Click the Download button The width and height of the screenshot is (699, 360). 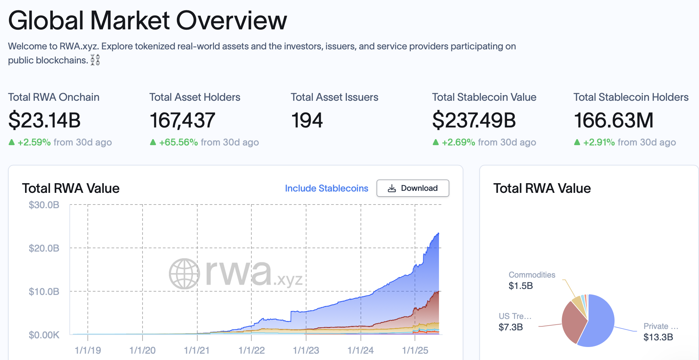pos(413,188)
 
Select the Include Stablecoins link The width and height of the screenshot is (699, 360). pos(326,189)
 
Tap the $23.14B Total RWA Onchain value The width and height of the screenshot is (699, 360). pos(44,120)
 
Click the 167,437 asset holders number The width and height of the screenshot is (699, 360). pos(182,120)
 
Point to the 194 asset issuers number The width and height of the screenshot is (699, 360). pos(307,120)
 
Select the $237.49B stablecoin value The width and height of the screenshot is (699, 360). pos(474,120)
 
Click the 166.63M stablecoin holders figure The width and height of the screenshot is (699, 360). pos(613,120)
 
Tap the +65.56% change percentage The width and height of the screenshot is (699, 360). pos(178,142)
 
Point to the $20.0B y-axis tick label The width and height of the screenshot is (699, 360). pos(44,248)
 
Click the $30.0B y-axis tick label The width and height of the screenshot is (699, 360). pos(44,205)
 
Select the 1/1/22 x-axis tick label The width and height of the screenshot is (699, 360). pos(251,350)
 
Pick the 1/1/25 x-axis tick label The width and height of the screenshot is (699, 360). pos(415,350)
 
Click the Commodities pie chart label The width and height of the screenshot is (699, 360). pos(532,275)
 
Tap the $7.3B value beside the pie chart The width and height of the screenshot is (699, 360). pos(511,327)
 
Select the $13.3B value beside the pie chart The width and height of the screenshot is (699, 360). pos(658,337)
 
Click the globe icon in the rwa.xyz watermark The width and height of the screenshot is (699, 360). pos(184,274)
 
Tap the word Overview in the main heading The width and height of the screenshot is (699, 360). pos(231,21)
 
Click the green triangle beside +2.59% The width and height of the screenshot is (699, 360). pos(12,142)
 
